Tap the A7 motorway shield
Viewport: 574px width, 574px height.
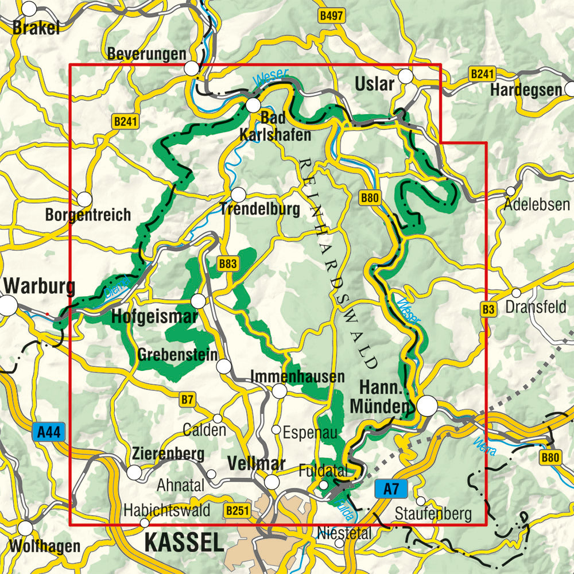390,490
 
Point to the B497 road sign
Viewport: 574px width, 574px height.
332,16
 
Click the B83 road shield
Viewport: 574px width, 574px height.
227,263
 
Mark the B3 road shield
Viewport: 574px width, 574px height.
488,309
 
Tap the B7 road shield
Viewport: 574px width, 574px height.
188,400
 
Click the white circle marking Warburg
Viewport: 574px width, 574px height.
8,305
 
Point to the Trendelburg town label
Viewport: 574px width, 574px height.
259,210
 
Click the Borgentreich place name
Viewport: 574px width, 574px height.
88,215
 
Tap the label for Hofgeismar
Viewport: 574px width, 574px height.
154,316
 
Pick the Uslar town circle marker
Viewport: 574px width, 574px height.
406,76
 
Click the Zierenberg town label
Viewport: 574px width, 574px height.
168,453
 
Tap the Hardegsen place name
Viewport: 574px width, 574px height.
526,90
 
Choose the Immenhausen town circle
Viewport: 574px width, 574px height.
279,391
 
